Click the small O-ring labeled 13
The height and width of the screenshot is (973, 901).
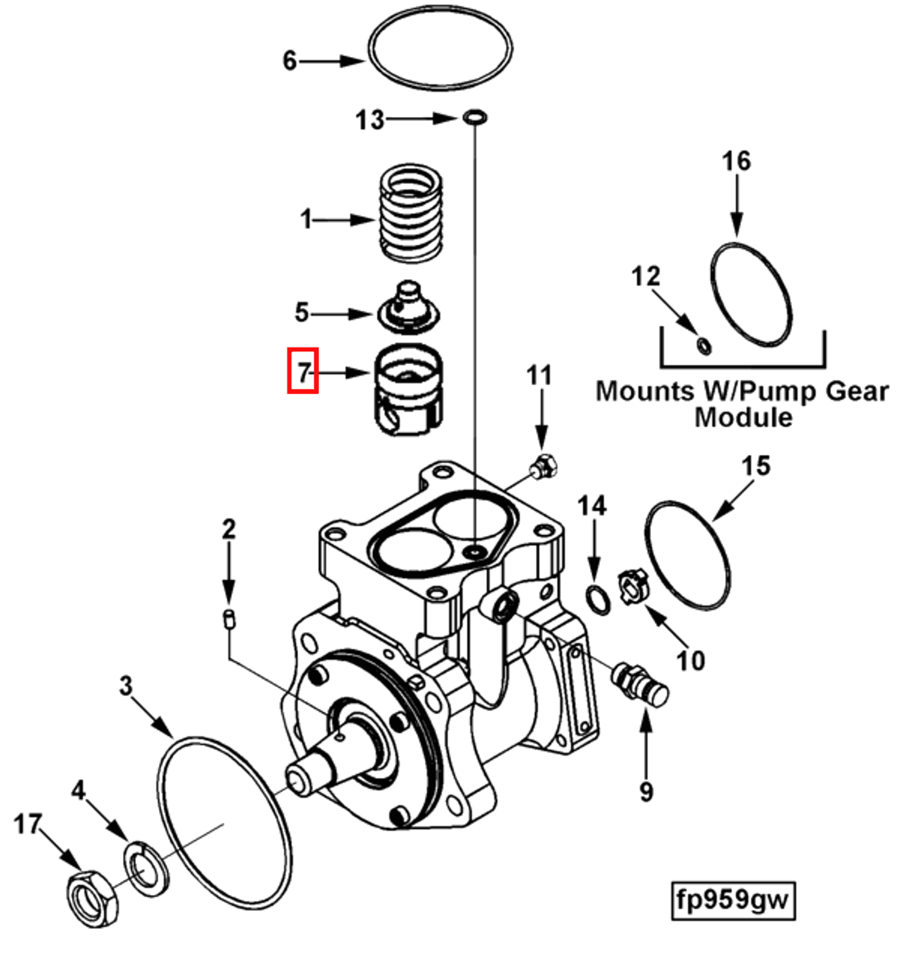click(475, 116)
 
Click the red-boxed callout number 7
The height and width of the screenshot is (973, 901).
click(303, 371)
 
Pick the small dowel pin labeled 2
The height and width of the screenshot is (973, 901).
click(229, 620)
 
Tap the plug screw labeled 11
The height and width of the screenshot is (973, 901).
click(544, 466)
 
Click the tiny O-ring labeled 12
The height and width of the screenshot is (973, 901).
click(704, 345)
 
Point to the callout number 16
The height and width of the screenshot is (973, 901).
click(736, 161)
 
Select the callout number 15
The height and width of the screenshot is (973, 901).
click(756, 466)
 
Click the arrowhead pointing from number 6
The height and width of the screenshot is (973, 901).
click(354, 61)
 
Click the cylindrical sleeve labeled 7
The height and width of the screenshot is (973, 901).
click(409, 389)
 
